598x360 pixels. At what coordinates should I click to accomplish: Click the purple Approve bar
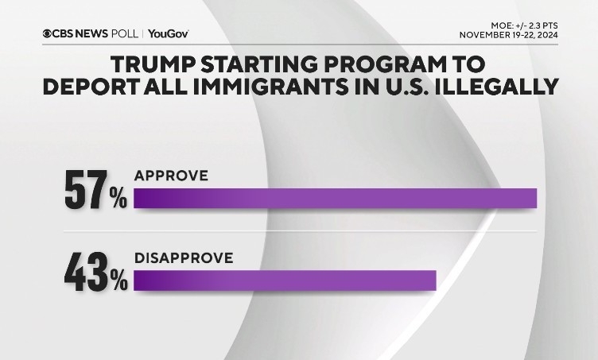click(x=335, y=198)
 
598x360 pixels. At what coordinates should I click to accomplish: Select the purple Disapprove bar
click(x=285, y=281)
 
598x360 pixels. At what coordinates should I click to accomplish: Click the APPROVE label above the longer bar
click(x=171, y=175)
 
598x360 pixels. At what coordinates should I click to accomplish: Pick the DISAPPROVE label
click(x=183, y=257)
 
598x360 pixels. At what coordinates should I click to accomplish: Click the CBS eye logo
click(x=50, y=33)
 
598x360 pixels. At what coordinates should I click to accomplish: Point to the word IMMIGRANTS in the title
click(x=284, y=87)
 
